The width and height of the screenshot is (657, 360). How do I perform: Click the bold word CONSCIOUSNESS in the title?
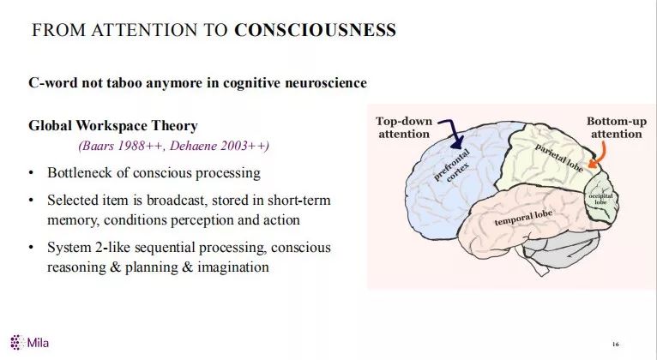315,31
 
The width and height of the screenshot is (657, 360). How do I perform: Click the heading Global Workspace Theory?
112,126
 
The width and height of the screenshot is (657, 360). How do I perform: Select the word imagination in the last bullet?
233,267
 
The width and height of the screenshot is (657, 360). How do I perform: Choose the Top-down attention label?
404,128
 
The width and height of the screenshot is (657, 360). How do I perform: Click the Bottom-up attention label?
615,128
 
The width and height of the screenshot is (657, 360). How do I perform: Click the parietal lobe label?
559,159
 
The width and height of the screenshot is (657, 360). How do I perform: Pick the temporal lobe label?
522,218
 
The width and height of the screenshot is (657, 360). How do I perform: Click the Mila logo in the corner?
29,343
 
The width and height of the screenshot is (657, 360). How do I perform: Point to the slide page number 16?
615,345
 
